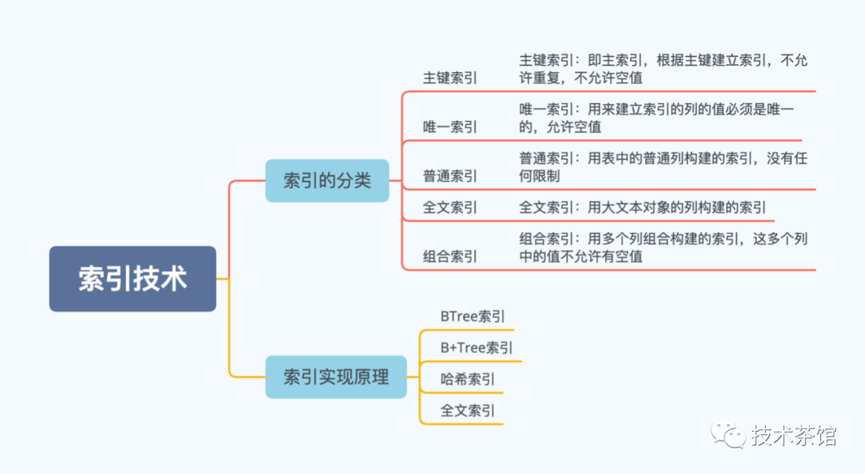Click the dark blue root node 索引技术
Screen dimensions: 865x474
pyautogui.click(x=132, y=279)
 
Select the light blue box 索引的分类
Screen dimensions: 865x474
pyautogui.click(x=327, y=180)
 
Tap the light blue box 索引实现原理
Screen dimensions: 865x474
pyautogui.click(x=336, y=377)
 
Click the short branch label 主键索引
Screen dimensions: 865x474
pyautogui.click(x=449, y=78)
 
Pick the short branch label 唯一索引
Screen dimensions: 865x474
pyautogui.click(x=449, y=127)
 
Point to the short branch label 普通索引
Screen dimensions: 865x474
pyautogui.click(x=449, y=176)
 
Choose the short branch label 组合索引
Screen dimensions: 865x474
pyautogui.click(x=449, y=256)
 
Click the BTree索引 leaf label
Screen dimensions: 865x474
pyautogui.click(x=473, y=316)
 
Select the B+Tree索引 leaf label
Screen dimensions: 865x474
pyautogui.click(x=476, y=347)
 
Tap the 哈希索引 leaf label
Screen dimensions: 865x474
pyautogui.click(x=467, y=379)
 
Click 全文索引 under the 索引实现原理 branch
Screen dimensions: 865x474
pyautogui.click(x=467, y=411)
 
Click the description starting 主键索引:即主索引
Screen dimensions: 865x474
pyautogui.click(x=663, y=69)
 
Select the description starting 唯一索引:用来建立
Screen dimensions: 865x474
pyautogui.click(x=657, y=118)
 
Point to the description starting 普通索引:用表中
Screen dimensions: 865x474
pyautogui.click(x=663, y=167)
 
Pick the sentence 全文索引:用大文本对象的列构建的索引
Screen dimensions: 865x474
pyautogui.click(x=642, y=207)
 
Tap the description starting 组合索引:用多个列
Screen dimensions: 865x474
pyautogui.click(x=663, y=247)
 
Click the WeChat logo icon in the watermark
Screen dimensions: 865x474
pyautogui.click(x=728, y=434)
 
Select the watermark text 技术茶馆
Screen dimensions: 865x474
pyautogui.click(x=794, y=436)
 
